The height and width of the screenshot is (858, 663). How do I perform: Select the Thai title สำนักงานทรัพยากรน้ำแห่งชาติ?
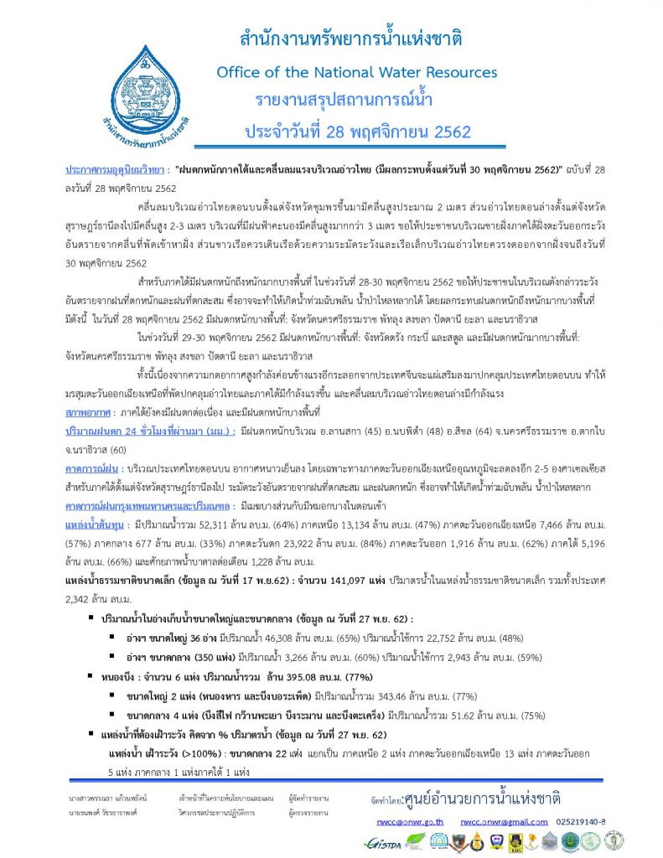pyautogui.click(x=351, y=39)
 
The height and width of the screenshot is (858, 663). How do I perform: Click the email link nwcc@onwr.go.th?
pyautogui.click(x=410, y=822)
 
